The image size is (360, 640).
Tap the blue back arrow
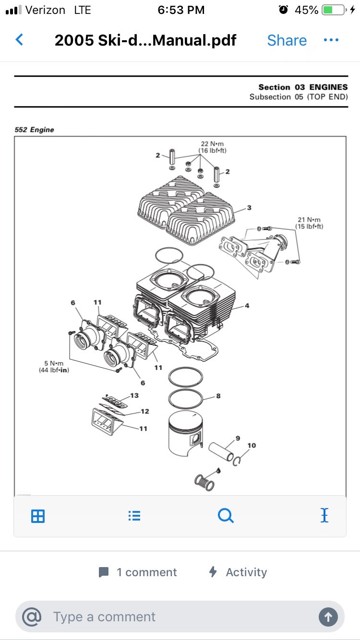pyautogui.click(x=19, y=40)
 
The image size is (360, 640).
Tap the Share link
pyautogui.click(x=287, y=40)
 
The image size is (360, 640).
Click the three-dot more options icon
pyautogui.click(x=331, y=40)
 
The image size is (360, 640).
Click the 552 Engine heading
pyautogui.click(x=34, y=130)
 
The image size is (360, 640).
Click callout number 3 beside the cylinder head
pyautogui.click(x=249, y=208)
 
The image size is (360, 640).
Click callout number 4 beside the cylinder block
pyautogui.click(x=247, y=306)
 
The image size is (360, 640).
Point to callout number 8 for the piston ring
pyautogui.click(x=218, y=396)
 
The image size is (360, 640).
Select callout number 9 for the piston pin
pyautogui.click(x=238, y=439)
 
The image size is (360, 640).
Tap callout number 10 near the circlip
pyautogui.click(x=252, y=445)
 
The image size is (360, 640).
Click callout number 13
pyautogui.click(x=134, y=395)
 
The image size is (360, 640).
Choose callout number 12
pyautogui.click(x=145, y=411)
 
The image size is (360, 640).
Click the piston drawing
pyautogui.click(x=186, y=433)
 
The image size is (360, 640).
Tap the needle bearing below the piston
pyautogui.click(x=204, y=483)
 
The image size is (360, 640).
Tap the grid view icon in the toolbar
pyautogui.click(x=38, y=516)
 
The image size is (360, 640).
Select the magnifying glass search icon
pyautogui.click(x=226, y=516)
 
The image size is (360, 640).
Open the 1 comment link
pyautogui.click(x=138, y=572)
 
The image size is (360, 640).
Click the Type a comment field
pyautogui.click(x=180, y=616)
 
